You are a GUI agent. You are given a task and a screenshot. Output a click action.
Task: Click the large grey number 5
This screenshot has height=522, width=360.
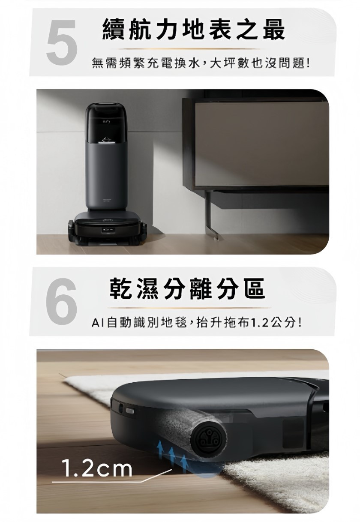(x=61, y=42)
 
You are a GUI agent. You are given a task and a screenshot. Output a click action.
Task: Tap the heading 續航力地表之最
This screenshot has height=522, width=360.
(x=194, y=30)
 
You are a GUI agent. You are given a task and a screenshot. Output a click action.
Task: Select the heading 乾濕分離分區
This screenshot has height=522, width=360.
(x=187, y=288)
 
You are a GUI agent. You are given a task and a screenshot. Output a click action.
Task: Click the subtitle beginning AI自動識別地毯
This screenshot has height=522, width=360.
(x=196, y=323)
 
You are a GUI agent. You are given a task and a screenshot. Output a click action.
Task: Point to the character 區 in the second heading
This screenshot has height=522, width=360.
(x=255, y=288)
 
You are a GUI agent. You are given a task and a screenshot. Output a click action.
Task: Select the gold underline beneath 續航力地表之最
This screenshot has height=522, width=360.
(x=189, y=49)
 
